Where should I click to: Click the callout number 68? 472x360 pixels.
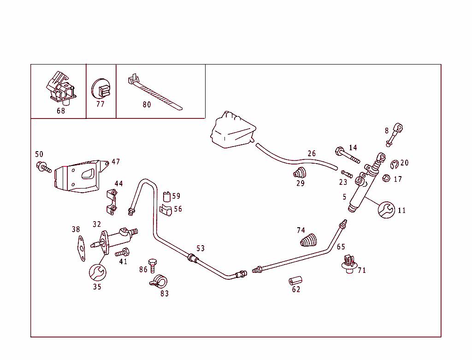60,111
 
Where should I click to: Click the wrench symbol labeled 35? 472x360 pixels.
97,272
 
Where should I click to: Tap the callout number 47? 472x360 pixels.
115,162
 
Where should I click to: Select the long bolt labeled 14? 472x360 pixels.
347,155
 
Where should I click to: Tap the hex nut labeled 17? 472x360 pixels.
386,178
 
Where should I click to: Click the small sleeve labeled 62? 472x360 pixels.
295,280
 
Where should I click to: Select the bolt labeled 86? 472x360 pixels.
153,266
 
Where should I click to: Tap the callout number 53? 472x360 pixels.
200,248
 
